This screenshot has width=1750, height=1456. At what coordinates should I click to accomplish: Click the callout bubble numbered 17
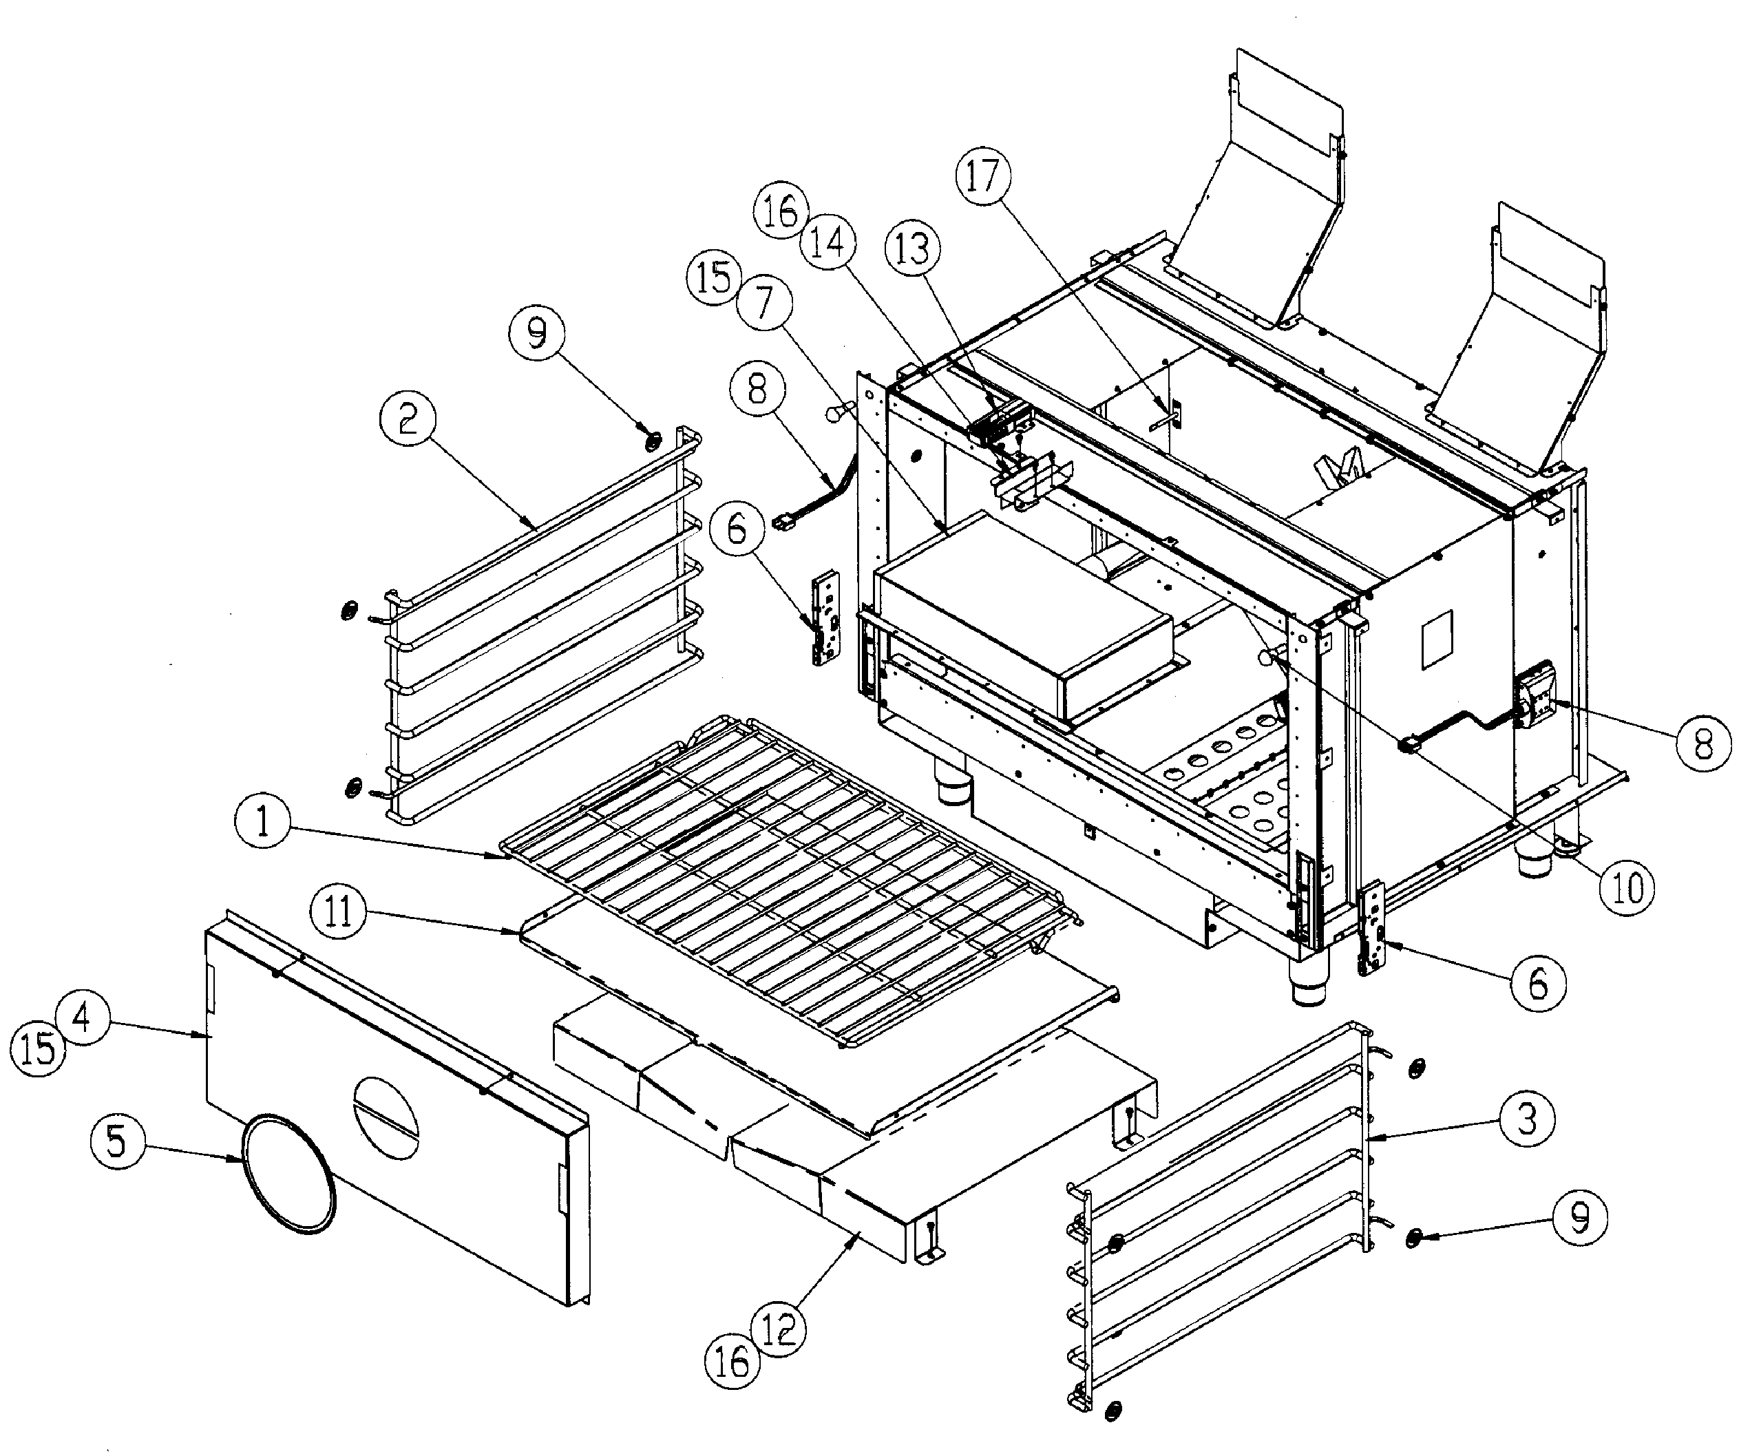(x=982, y=177)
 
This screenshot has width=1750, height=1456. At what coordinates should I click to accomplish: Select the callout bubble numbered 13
(x=912, y=249)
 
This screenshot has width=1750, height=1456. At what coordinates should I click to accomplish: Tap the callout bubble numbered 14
(x=827, y=244)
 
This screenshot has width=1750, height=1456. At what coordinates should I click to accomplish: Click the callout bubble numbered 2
(x=407, y=419)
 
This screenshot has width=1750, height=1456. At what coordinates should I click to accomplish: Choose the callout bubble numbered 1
(x=262, y=823)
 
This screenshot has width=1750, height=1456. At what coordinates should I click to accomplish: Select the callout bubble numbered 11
(x=337, y=911)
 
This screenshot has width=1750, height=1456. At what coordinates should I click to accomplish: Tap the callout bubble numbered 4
(x=83, y=1017)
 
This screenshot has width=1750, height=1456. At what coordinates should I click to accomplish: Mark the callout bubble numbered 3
(x=1527, y=1119)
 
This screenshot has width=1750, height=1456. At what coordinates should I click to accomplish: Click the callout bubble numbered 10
(x=1627, y=889)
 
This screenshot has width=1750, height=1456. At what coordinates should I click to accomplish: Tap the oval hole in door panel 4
(x=388, y=1117)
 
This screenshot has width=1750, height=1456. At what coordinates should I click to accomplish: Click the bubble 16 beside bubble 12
(x=732, y=1362)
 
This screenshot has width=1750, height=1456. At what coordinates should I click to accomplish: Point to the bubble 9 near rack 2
(x=538, y=333)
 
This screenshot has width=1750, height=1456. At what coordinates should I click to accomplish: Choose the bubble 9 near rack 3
(x=1579, y=1218)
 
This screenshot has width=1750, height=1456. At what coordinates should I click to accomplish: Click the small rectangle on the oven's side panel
(x=1436, y=640)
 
